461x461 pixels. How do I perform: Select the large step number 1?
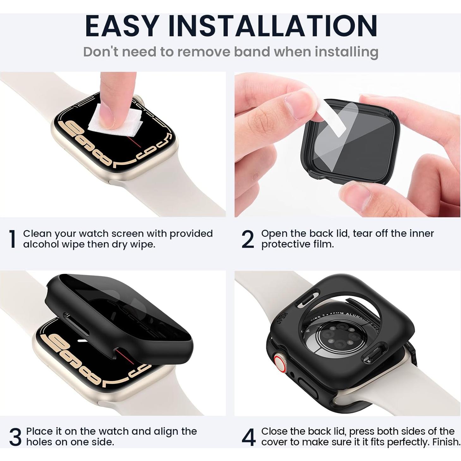(12, 239)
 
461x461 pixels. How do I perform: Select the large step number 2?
(247, 239)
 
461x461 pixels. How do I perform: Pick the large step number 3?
(15, 437)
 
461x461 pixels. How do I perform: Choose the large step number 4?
(248, 437)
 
